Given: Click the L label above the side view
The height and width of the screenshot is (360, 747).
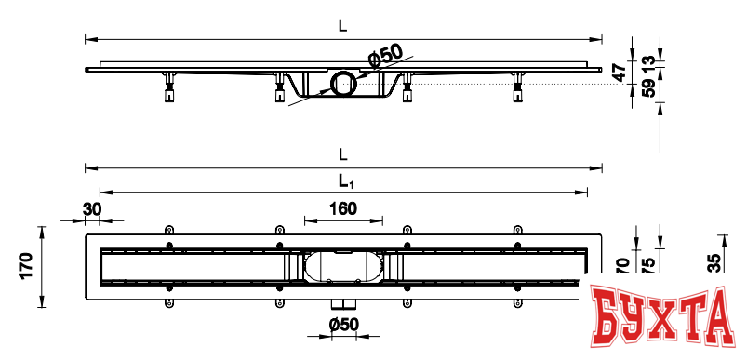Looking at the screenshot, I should point(343,27).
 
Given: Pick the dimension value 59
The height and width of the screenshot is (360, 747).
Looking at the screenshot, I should point(648,89).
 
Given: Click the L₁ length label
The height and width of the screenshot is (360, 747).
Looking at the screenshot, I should point(343,180).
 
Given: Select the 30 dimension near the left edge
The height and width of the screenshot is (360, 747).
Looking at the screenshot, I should point(92,209).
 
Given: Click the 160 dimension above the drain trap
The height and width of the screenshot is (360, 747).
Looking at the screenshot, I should point(343,209).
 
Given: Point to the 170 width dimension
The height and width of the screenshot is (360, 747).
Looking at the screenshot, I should point(26,266).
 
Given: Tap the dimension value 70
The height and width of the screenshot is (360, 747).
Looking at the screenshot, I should point(622,264).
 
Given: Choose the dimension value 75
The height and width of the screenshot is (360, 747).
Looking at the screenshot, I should point(648,264).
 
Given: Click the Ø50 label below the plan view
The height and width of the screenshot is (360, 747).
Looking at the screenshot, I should point(344,324).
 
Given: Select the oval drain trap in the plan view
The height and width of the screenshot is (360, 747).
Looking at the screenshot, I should point(343,266).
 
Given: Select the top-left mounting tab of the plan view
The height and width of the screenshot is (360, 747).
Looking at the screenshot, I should point(168,229).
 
